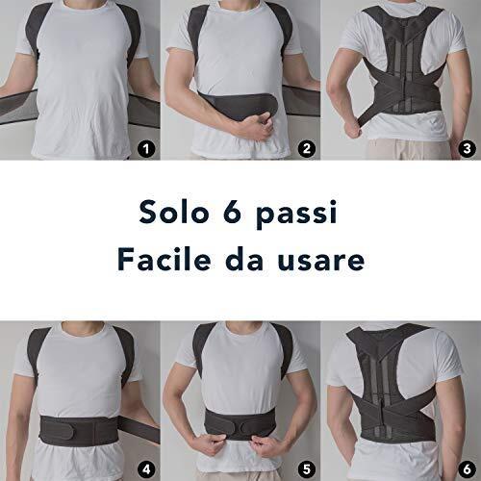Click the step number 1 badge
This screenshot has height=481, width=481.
coord(146,149)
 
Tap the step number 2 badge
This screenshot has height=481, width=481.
coord(307,149)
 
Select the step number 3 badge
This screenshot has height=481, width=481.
coord(467,149)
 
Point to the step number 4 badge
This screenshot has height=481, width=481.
coord(146,469)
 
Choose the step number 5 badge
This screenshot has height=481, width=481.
coord(307,469)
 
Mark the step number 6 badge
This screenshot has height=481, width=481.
coord(467,469)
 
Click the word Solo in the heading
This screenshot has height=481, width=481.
coord(174,212)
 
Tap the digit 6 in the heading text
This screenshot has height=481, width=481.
coord(232,212)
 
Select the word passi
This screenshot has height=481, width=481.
coord(297,215)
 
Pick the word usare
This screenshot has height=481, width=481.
coord(321,262)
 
